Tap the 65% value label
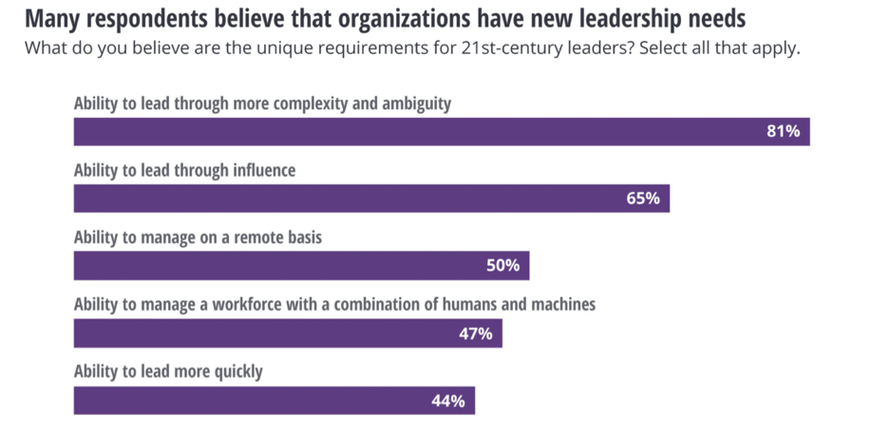click(x=643, y=199)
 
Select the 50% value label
click(x=502, y=266)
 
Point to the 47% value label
click(x=475, y=333)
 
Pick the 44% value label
click(x=447, y=401)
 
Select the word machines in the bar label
click(x=562, y=305)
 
